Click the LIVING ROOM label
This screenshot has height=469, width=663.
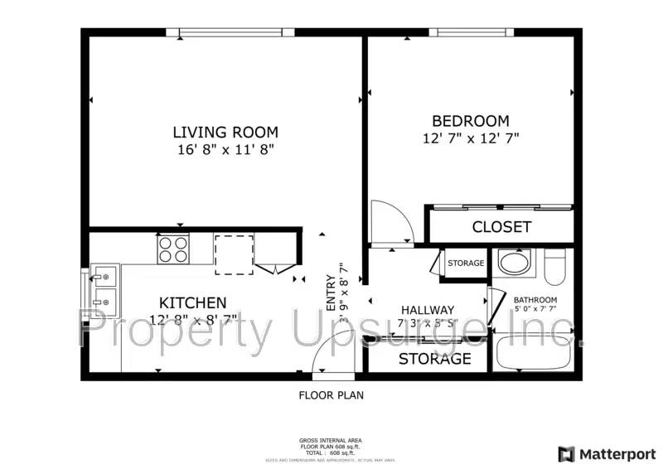(225, 132)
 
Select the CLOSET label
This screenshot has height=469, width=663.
(501, 226)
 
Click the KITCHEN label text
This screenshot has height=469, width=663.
(193, 302)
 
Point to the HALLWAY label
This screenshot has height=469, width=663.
(428, 310)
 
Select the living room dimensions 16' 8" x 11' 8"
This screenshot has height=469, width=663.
(225, 150)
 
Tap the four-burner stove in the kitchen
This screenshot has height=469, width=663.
(173, 249)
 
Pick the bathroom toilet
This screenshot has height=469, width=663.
(554, 265)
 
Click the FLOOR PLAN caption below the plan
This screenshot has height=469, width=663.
(331, 395)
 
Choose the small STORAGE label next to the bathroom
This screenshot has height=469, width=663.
(466, 264)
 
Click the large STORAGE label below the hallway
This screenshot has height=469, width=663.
(435, 359)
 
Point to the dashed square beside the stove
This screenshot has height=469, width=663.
(234, 254)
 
